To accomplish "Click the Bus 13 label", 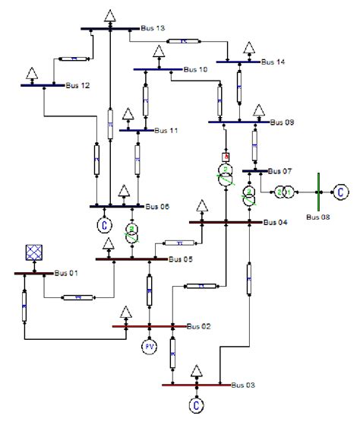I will pyautogui.click(x=153, y=29).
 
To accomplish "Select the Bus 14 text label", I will pyautogui.click(x=273, y=60).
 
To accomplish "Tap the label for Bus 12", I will pyautogui.click(x=77, y=86).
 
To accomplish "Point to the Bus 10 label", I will pyautogui.click(x=194, y=70).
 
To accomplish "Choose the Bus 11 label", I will pyautogui.click(x=166, y=131).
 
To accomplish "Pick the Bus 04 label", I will pyautogui.click(x=275, y=223).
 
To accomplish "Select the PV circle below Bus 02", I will pyautogui.click(x=150, y=347).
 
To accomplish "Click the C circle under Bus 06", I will pyautogui.click(x=104, y=224).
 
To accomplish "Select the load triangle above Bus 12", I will pyautogui.click(x=33, y=74).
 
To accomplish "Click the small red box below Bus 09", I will pyautogui.click(x=226, y=157).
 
